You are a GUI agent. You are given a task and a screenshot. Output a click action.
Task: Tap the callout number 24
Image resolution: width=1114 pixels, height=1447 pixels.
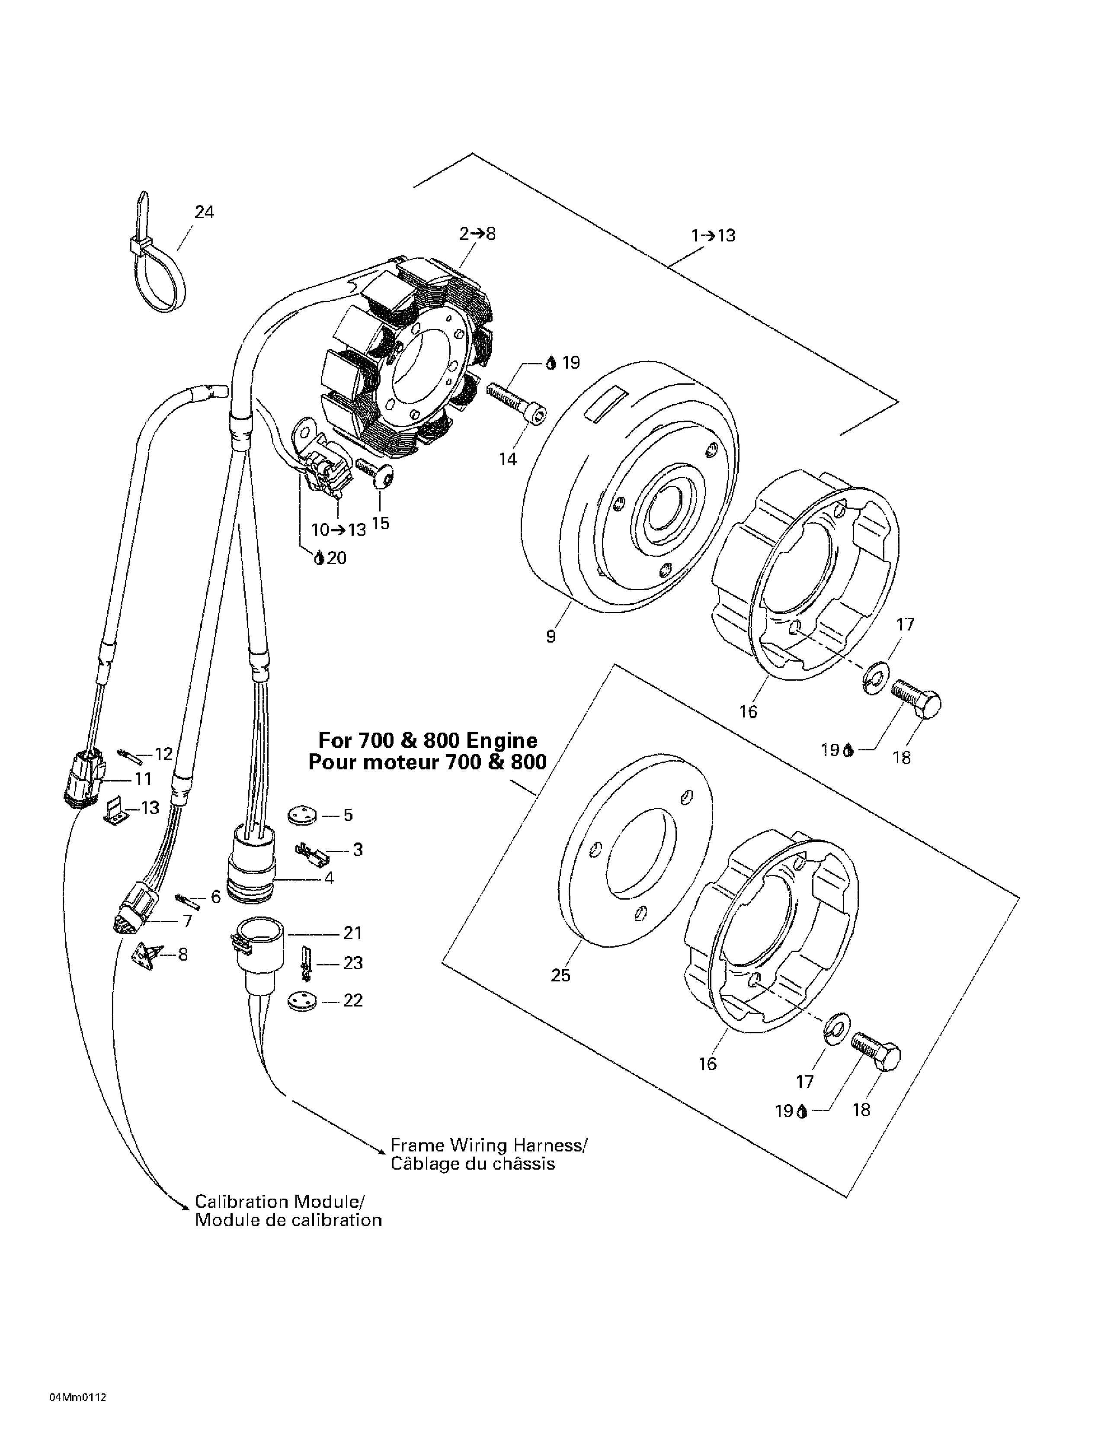point(204,212)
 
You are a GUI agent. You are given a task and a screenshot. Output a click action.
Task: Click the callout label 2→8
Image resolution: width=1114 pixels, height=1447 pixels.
point(477,233)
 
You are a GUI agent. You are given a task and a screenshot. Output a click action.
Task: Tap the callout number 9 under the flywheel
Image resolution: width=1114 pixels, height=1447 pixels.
point(551,637)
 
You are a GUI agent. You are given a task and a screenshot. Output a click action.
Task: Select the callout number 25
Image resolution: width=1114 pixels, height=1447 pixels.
point(560,975)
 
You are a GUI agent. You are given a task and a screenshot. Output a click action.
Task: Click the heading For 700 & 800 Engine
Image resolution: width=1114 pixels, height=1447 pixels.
point(428,740)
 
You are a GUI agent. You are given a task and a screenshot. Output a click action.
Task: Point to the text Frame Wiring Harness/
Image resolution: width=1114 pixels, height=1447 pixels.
point(488,1145)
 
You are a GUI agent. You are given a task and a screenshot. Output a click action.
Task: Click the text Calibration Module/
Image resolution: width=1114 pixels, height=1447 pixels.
point(279,1201)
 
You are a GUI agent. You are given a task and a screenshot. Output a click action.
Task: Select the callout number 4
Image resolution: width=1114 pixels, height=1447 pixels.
point(329,878)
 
